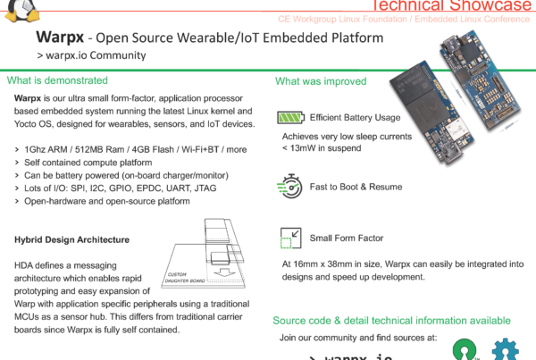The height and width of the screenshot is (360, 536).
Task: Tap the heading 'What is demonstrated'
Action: coord(57,80)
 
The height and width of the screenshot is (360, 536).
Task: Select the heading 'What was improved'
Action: coord(321,81)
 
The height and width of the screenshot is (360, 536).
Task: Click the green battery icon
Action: coord(289,118)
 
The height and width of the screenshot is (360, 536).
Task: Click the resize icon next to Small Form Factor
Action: coord(290,239)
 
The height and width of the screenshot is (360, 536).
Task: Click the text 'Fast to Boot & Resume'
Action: coord(356,187)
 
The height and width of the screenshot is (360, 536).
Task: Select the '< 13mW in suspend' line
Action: coord(322,148)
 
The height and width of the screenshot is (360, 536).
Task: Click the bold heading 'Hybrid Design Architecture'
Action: coord(72,239)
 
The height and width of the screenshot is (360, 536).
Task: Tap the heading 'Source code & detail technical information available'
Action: coord(391,320)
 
